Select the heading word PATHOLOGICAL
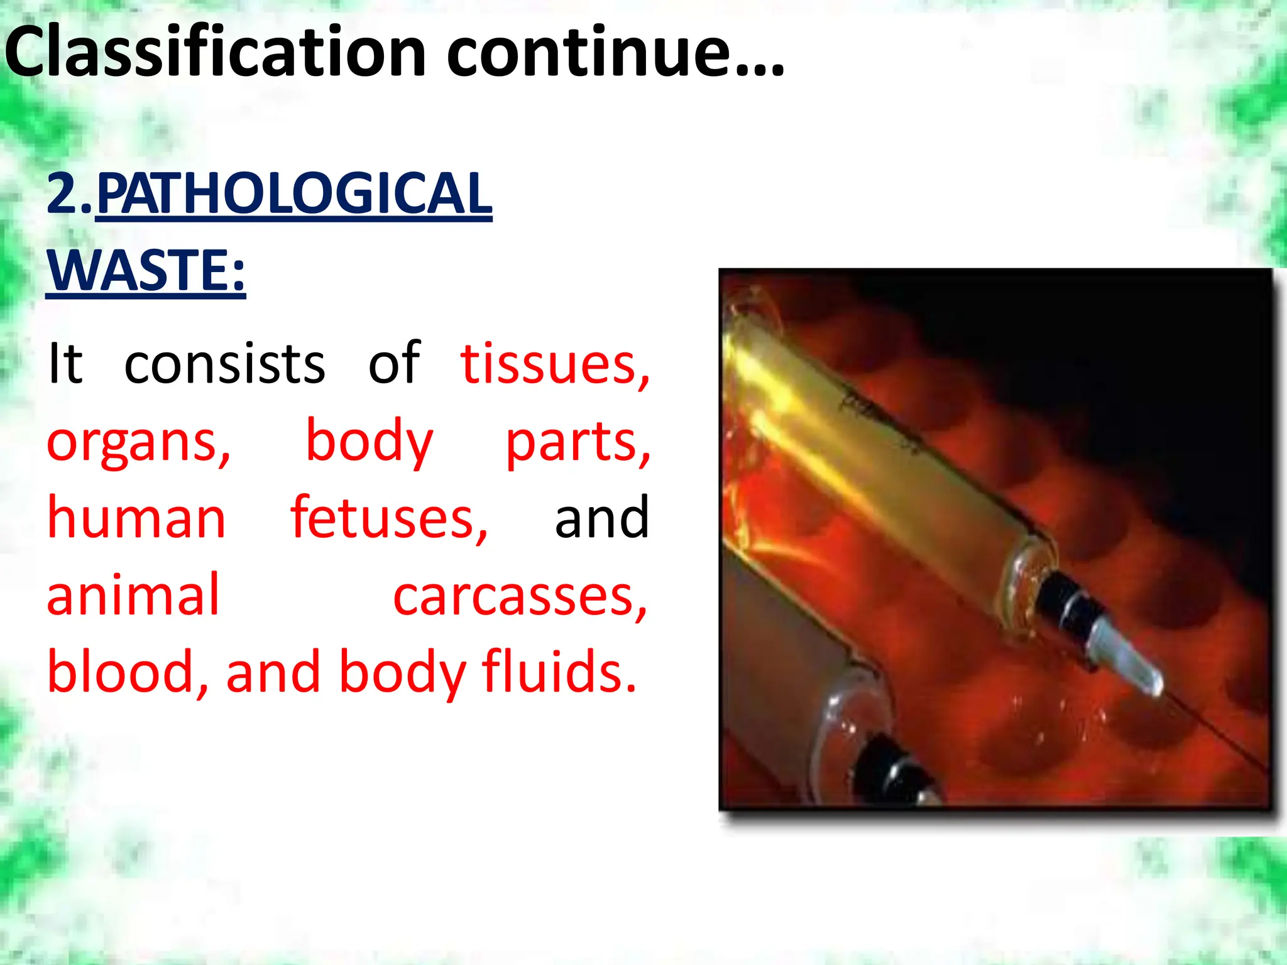pyautogui.click(x=294, y=194)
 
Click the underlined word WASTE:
pyautogui.click(x=146, y=271)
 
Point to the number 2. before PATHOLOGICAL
pyautogui.click(x=70, y=194)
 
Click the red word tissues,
pyautogui.click(x=556, y=364)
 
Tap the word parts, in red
pyautogui.click(x=578, y=442)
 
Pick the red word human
pyautogui.click(x=136, y=518)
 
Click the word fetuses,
pyautogui.click(x=389, y=518)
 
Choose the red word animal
pyautogui.click(x=133, y=595)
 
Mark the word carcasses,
pyautogui.click(x=520, y=596)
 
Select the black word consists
pyautogui.click(x=224, y=364)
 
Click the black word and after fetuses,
pyautogui.click(x=601, y=518)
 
